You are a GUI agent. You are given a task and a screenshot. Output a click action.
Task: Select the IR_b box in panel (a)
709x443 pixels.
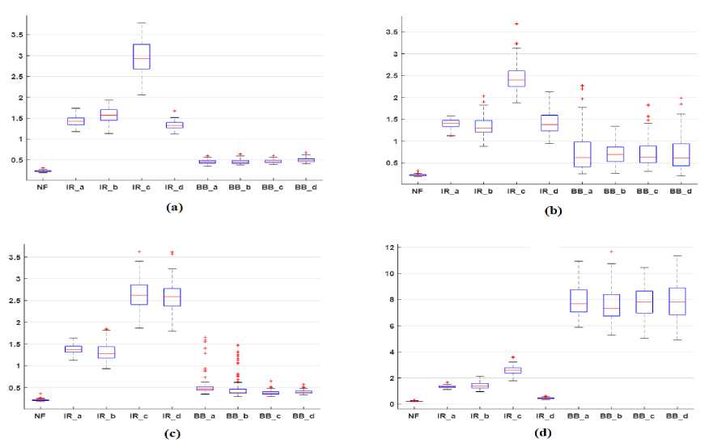click(108, 115)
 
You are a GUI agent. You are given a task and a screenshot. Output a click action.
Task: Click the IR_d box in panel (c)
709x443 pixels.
click(172, 297)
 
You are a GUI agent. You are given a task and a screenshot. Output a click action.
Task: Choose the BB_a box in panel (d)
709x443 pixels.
click(580, 300)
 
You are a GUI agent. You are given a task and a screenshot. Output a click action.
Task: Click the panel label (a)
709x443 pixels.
click(173, 207)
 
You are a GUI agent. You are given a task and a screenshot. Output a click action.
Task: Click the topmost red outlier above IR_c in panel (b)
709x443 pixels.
click(516, 24)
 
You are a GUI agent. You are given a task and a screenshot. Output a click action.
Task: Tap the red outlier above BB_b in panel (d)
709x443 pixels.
click(613, 251)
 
